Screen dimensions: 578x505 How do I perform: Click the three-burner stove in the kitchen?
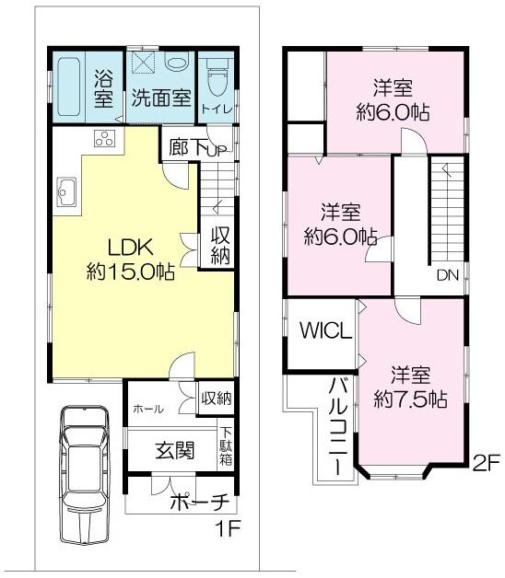(x=104, y=141)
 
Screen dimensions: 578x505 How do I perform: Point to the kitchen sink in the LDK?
(x=67, y=192)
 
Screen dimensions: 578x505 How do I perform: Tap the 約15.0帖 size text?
(x=131, y=272)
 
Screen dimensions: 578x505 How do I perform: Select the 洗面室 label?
(x=159, y=97)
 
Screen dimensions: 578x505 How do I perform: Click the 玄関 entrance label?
(x=173, y=450)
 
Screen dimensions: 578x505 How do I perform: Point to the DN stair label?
(x=448, y=274)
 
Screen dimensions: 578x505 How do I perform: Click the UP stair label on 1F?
(x=217, y=151)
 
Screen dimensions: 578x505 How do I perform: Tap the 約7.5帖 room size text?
(x=411, y=399)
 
